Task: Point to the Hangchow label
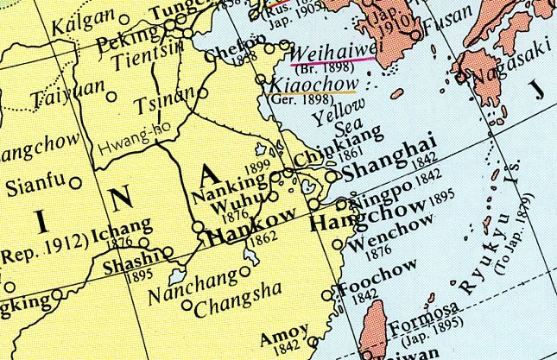pyautogui.click(x=367, y=216)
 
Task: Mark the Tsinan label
pyautogui.click(x=164, y=107)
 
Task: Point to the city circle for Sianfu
pyautogui.click(x=77, y=182)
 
